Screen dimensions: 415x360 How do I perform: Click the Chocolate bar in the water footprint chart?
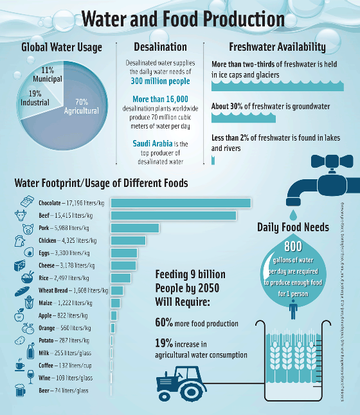[181, 203]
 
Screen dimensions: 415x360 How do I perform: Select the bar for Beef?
[174, 215]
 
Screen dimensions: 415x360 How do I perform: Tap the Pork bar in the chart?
[134, 228]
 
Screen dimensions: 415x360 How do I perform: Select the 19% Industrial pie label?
[34, 98]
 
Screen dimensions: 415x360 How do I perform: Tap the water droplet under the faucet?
[293, 213]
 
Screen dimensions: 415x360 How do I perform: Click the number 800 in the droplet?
[293, 246]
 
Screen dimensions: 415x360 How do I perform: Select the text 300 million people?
[160, 82]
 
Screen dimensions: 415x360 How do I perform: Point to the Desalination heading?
[160, 47]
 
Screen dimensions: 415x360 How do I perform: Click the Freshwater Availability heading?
[277, 47]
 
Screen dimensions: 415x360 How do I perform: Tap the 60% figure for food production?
[164, 322]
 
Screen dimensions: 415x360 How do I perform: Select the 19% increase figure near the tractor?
[164, 344]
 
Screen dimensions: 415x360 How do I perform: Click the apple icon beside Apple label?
[19, 315]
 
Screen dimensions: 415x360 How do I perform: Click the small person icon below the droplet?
[293, 310]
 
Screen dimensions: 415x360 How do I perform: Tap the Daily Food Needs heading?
[293, 227]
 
